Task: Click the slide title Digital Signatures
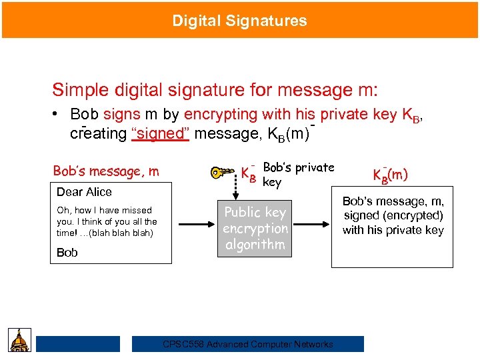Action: pos(239,21)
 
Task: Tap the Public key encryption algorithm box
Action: pos(255,229)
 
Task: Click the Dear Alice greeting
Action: pos(84,192)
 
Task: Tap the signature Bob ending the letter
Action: pos(67,253)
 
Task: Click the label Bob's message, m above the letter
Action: pos(106,171)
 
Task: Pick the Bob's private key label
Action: pos(298,175)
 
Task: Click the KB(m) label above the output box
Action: pos(390,175)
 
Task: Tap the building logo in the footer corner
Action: pos(19,341)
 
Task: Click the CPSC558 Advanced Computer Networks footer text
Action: pos(248,344)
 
